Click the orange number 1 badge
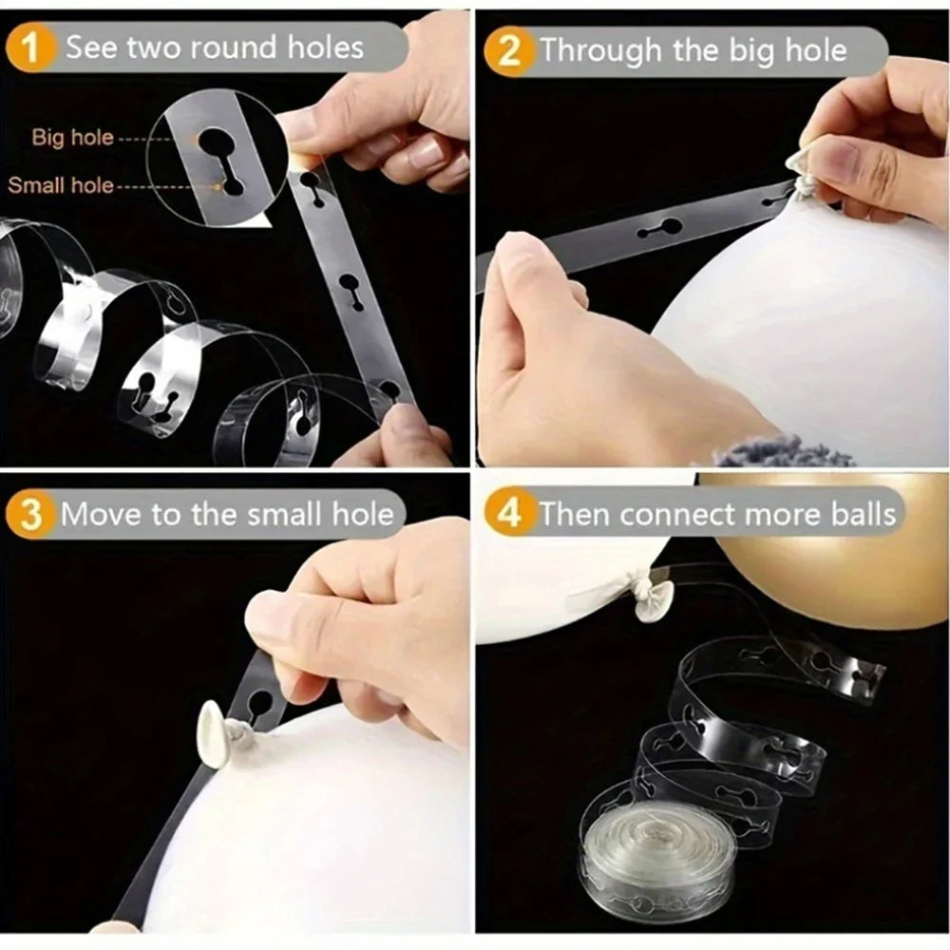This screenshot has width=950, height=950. (x=28, y=47)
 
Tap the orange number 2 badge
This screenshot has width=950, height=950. (x=507, y=51)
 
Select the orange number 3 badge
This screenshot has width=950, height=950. (x=29, y=514)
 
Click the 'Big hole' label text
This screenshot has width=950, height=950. (x=73, y=137)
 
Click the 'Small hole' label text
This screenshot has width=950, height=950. (x=61, y=185)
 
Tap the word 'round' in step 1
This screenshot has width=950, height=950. (x=234, y=47)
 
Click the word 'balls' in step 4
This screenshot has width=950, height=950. (x=863, y=514)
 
